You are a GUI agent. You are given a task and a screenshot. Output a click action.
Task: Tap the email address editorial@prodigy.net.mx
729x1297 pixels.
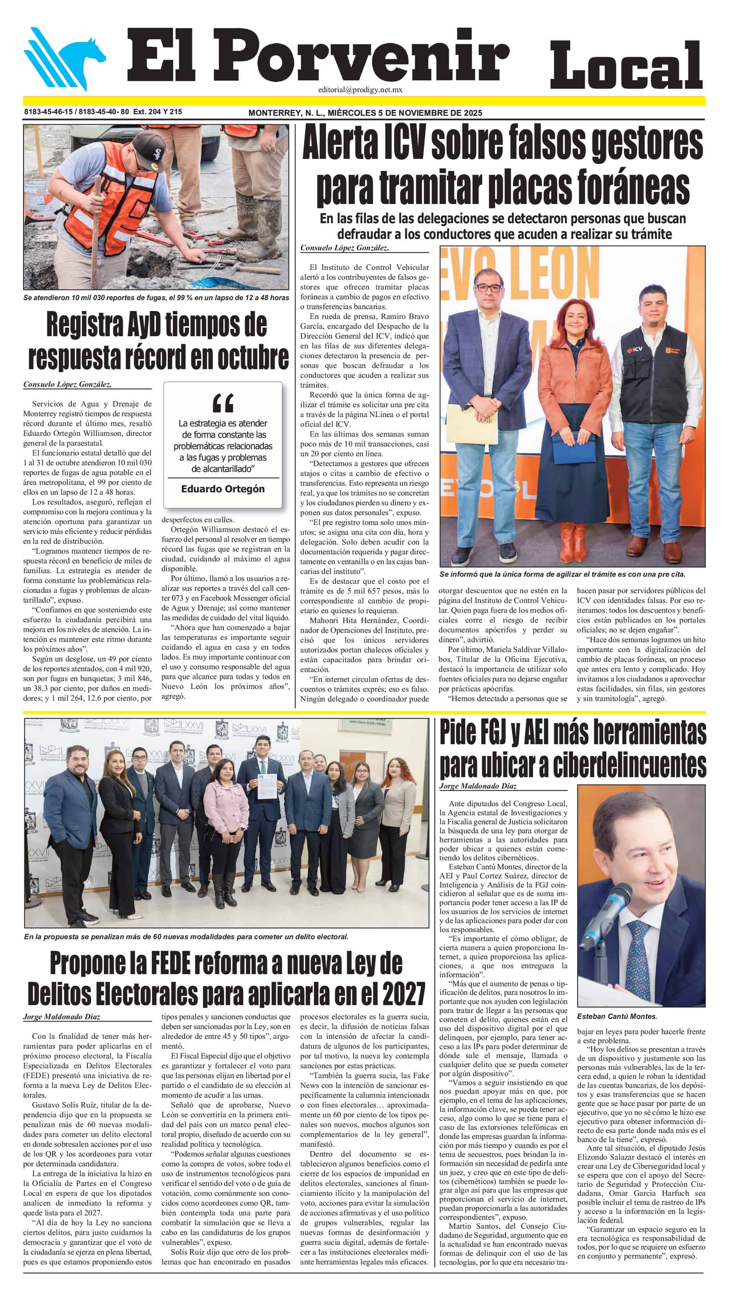360,89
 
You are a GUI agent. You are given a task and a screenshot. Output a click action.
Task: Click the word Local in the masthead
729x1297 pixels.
626,66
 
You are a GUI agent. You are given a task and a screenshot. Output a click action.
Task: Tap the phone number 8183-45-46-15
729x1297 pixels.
48,112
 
